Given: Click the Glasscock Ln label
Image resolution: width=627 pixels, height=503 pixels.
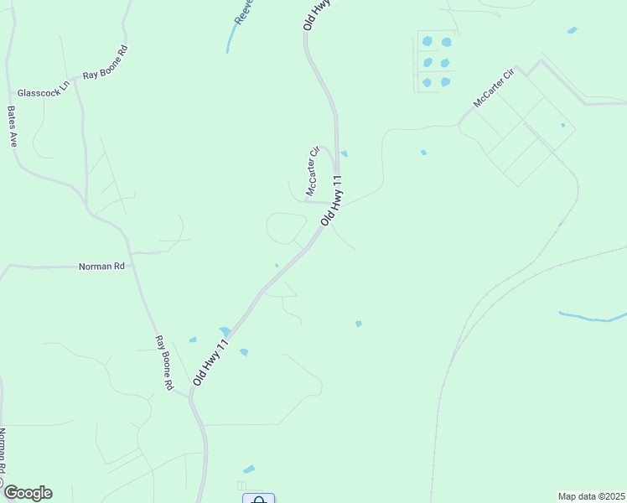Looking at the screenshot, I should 42,93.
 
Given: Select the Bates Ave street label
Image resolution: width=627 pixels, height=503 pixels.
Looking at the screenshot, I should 13,127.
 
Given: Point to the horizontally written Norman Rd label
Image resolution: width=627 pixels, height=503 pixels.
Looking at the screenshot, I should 101,267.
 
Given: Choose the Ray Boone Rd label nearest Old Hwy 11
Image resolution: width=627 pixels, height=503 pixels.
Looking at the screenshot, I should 163,363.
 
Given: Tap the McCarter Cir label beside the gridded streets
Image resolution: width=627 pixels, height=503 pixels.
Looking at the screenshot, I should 493,87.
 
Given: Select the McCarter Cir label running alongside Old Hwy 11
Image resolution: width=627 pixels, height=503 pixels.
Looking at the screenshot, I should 313,171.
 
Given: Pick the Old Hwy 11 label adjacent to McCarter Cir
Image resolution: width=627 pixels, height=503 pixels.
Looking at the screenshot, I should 332,200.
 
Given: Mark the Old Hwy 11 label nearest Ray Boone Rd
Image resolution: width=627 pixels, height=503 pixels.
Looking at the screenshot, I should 210,362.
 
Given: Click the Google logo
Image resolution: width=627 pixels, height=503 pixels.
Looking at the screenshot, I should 27,493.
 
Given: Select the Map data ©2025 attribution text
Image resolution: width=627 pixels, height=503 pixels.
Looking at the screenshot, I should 591,495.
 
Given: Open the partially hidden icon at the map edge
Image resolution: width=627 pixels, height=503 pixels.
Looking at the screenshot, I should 258,499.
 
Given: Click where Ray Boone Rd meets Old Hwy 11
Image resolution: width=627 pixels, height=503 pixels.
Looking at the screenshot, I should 192,395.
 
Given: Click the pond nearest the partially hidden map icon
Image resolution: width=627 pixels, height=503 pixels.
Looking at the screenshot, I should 249,469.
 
